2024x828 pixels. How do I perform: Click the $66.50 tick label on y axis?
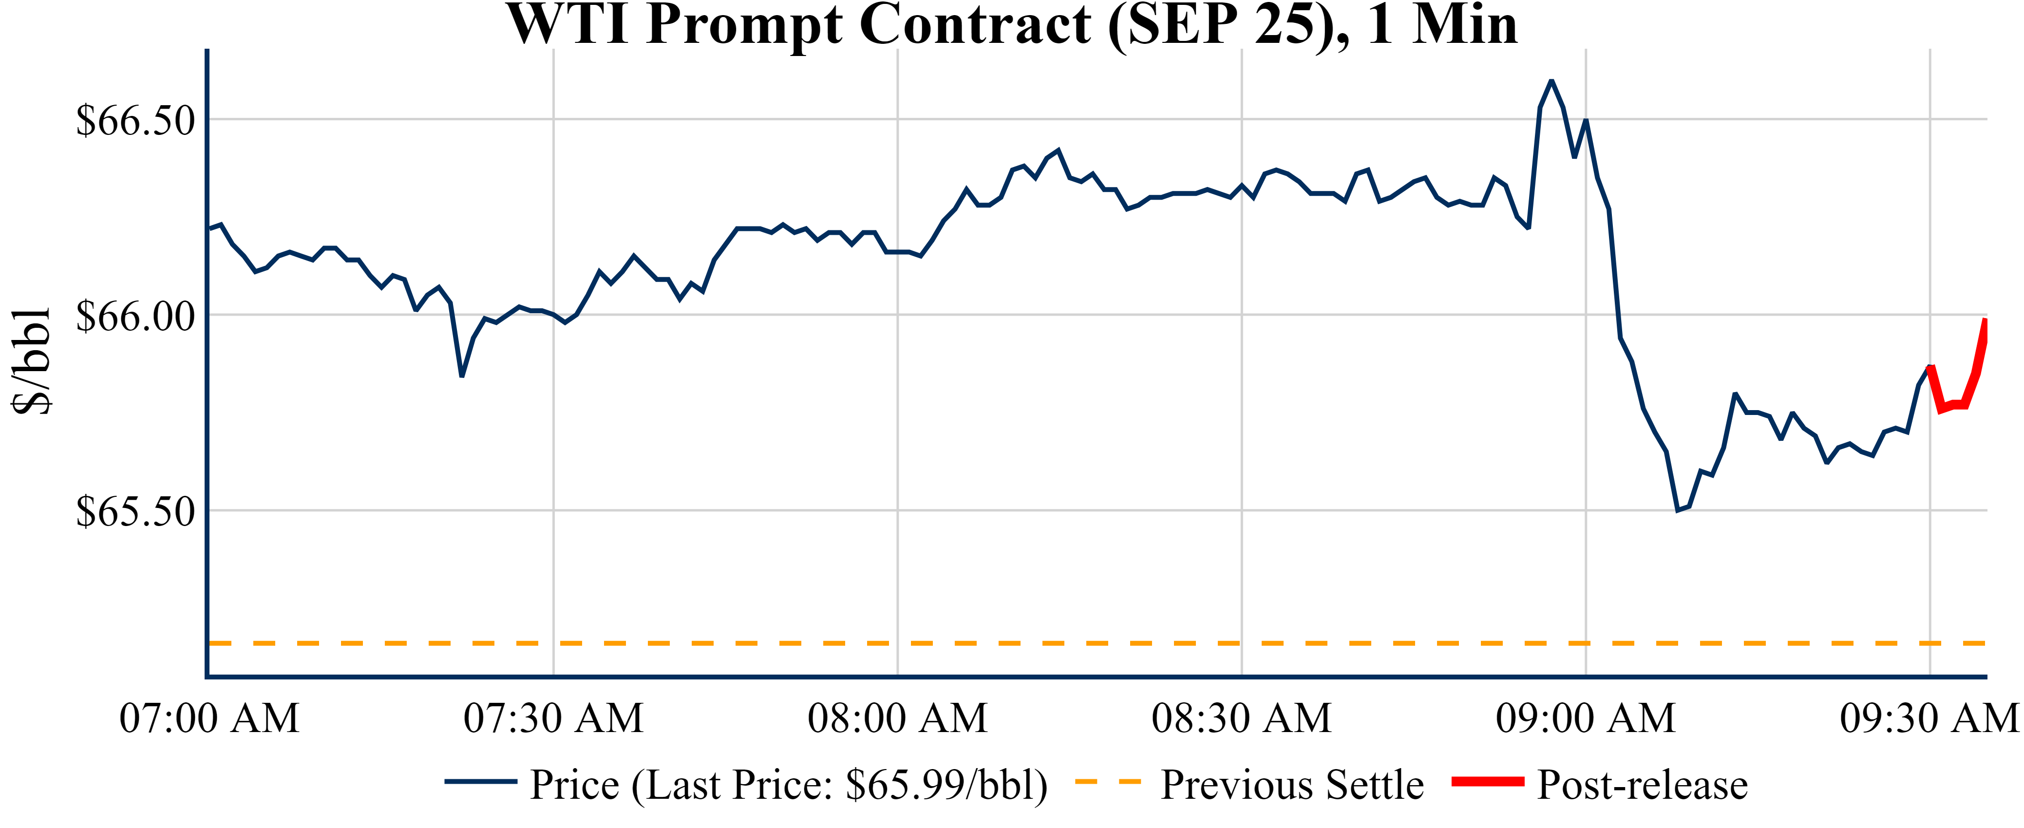(135, 120)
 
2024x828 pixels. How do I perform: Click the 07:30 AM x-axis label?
(553, 718)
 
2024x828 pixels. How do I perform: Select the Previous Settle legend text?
(1292, 784)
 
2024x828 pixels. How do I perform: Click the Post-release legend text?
(1642, 784)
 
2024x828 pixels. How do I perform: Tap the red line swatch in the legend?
(1487, 782)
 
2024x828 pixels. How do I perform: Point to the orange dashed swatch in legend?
(1107, 782)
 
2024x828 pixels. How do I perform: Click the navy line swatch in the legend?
(480, 782)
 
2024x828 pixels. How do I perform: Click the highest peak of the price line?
(1551, 81)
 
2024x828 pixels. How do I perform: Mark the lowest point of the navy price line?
(1678, 510)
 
